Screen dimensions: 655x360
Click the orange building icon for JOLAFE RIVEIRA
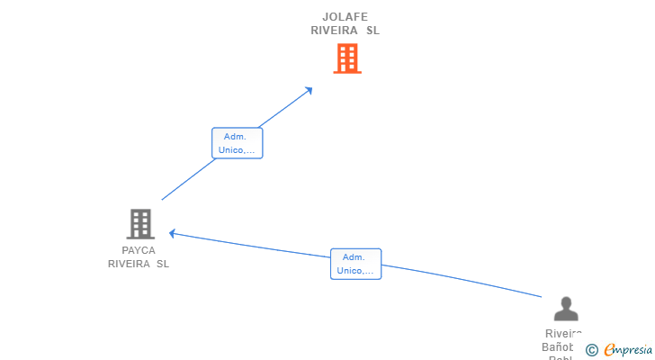(346, 58)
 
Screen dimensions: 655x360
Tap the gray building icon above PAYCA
(139, 223)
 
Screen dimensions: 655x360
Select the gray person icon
(565, 309)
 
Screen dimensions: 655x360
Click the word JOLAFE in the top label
(345, 16)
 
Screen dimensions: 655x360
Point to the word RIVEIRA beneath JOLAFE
(334, 30)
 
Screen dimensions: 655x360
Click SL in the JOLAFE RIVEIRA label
(372, 30)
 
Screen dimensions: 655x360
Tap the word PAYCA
(139, 250)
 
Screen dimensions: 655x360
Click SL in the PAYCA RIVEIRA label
(163, 264)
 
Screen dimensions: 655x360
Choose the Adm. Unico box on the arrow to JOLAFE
(238, 143)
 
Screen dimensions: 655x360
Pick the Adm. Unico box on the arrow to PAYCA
(356, 264)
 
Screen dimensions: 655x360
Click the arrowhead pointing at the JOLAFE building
(310, 89)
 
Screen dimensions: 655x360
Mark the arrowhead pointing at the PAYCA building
(173, 234)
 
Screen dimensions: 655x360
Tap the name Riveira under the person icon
(564, 334)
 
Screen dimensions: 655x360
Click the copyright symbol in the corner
(592, 349)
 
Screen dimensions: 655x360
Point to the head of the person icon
(565, 302)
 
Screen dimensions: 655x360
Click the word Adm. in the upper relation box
(235, 137)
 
